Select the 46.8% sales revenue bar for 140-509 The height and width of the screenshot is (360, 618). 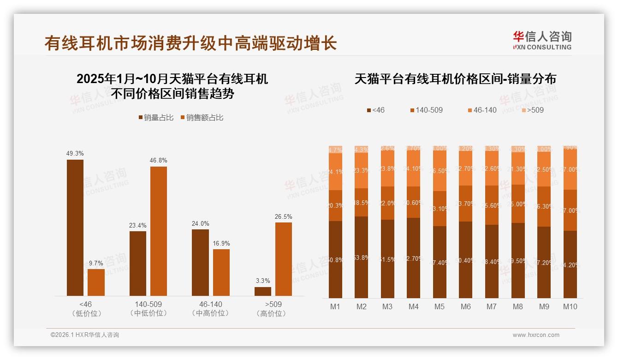pyautogui.click(x=159, y=231)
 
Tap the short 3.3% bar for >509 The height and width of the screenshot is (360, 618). pyautogui.click(x=263, y=291)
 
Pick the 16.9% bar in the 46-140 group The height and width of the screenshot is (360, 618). pyautogui.click(x=221, y=272)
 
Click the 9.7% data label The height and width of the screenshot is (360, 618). pyautogui.click(x=96, y=263)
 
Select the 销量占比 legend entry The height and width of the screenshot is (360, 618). pyautogui.click(x=156, y=118)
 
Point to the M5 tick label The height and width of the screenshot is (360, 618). pyautogui.click(x=440, y=306)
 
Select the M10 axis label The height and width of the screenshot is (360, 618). pyautogui.click(x=570, y=306)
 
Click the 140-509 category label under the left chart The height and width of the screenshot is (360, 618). pyautogui.click(x=149, y=305)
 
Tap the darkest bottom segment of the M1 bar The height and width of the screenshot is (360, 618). pyautogui.click(x=336, y=259)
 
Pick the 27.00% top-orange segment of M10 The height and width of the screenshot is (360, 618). pyautogui.click(x=570, y=169)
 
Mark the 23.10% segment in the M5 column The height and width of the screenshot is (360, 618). pyautogui.click(x=440, y=209)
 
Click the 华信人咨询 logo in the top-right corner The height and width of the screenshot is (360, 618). pyautogui.click(x=542, y=40)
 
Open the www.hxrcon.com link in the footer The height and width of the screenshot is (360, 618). pyautogui.click(x=536, y=335)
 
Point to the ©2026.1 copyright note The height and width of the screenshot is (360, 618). pyautogui.click(x=85, y=335)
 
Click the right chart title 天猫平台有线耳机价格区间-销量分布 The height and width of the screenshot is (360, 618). pyautogui.click(x=455, y=79)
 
